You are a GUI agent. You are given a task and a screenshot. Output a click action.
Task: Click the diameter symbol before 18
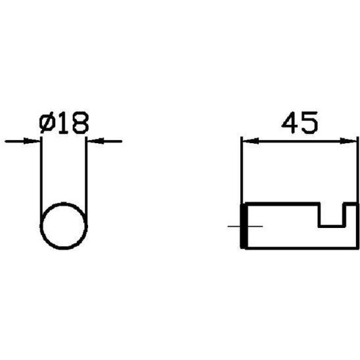click(47, 123)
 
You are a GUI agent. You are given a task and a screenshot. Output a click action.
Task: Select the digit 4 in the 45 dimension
click(290, 123)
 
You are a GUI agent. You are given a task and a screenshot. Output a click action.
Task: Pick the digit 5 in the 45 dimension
click(309, 123)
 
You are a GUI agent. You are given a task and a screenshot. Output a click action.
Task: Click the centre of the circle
click(64, 226)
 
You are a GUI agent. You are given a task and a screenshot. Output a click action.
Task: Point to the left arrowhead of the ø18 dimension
click(32, 141)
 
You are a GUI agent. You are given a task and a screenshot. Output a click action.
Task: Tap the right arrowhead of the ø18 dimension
click(96, 141)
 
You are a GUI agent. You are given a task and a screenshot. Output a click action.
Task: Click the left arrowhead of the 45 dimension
click(251, 141)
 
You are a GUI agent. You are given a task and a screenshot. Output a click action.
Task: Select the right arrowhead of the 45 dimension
click(348, 141)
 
